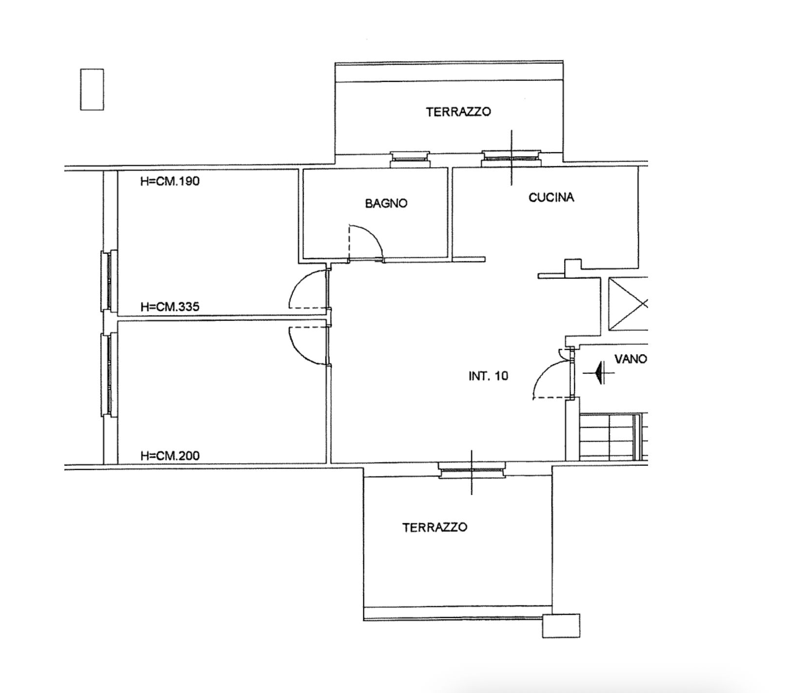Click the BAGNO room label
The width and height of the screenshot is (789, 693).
(x=386, y=203)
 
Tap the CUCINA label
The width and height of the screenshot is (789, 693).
(x=551, y=197)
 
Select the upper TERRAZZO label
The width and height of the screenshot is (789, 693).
(x=458, y=112)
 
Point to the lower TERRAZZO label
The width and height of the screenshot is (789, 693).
(x=434, y=527)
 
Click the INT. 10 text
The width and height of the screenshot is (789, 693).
(x=488, y=376)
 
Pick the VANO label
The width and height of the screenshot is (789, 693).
(x=631, y=359)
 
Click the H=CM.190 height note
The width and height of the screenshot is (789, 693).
(x=170, y=181)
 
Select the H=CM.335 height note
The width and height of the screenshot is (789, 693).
(x=170, y=307)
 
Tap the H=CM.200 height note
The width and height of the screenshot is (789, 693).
(x=170, y=456)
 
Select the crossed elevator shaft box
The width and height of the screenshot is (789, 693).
(x=628, y=304)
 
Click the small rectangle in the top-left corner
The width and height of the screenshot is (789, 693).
(x=92, y=89)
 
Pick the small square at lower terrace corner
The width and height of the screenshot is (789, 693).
(x=561, y=626)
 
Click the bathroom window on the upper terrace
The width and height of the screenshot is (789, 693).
(x=410, y=158)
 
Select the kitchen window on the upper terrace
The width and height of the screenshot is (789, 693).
(x=511, y=158)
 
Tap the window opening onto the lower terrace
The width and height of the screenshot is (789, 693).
(x=472, y=470)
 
